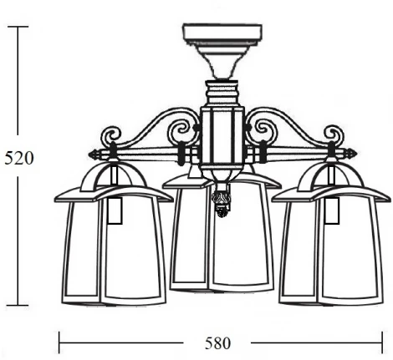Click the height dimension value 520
click(x=19, y=158)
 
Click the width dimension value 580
click(x=218, y=343)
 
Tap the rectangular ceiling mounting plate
click(x=222, y=33)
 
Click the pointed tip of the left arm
click(x=89, y=155)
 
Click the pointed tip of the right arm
click(x=357, y=153)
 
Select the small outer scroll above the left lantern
click(x=110, y=136)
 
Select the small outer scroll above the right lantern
click(x=334, y=134)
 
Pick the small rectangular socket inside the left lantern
click(x=115, y=210)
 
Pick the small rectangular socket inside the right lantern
click(x=332, y=210)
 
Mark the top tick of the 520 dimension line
click(x=18, y=27)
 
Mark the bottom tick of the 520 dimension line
click(x=18, y=305)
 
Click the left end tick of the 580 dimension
click(x=59, y=342)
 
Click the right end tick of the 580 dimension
click(x=382, y=342)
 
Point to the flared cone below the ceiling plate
click(x=222, y=62)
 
